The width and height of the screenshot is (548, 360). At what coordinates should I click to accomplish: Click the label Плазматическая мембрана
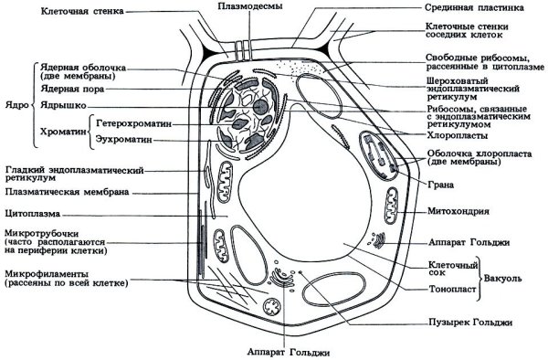[x=64, y=193]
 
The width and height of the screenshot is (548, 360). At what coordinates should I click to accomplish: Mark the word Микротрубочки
[x=42, y=233]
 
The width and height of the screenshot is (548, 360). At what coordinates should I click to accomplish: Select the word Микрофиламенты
[x=46, y=273]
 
